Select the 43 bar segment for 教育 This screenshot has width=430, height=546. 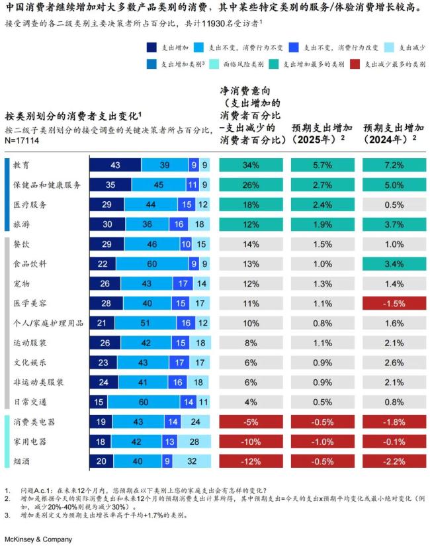pyautogui.click(x=115, y=165)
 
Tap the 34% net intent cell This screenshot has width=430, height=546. pyautogui.click(x=251, y=165)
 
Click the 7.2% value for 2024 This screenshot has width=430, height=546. pyautogui.click(x=393, y=165)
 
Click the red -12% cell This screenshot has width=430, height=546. pyautogui.click(x=251, y=461)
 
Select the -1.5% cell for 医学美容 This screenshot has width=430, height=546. pyautogui.click(x=393, y=303)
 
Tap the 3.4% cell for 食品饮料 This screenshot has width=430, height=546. pyautogui.click(x=393, y=263)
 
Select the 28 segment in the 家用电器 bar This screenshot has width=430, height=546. pyautogui.click(x=193, y=441)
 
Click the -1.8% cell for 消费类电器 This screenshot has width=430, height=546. pyautogui.click(x=393, y=422)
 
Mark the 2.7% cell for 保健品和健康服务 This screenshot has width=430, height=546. pyautogui.click(x=322, y=185)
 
